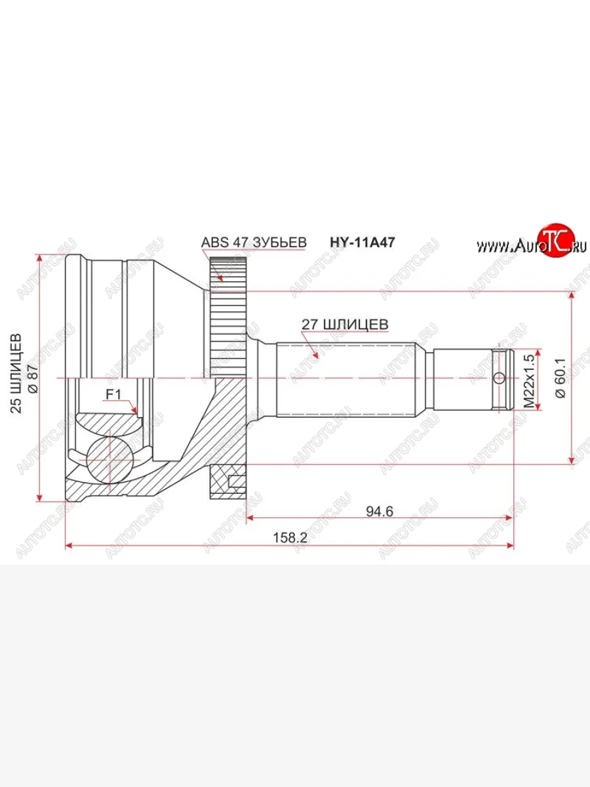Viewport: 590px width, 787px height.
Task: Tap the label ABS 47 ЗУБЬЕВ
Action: click(254, 242)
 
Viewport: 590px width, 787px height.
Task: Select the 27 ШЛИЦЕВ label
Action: click(345, 324)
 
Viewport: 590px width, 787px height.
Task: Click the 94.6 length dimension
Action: click(380, 511)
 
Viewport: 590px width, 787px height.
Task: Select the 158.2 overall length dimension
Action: click(289, 538)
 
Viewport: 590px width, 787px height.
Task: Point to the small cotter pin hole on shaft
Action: click(499, 378)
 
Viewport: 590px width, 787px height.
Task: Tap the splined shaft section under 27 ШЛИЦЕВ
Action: click(347, 379)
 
